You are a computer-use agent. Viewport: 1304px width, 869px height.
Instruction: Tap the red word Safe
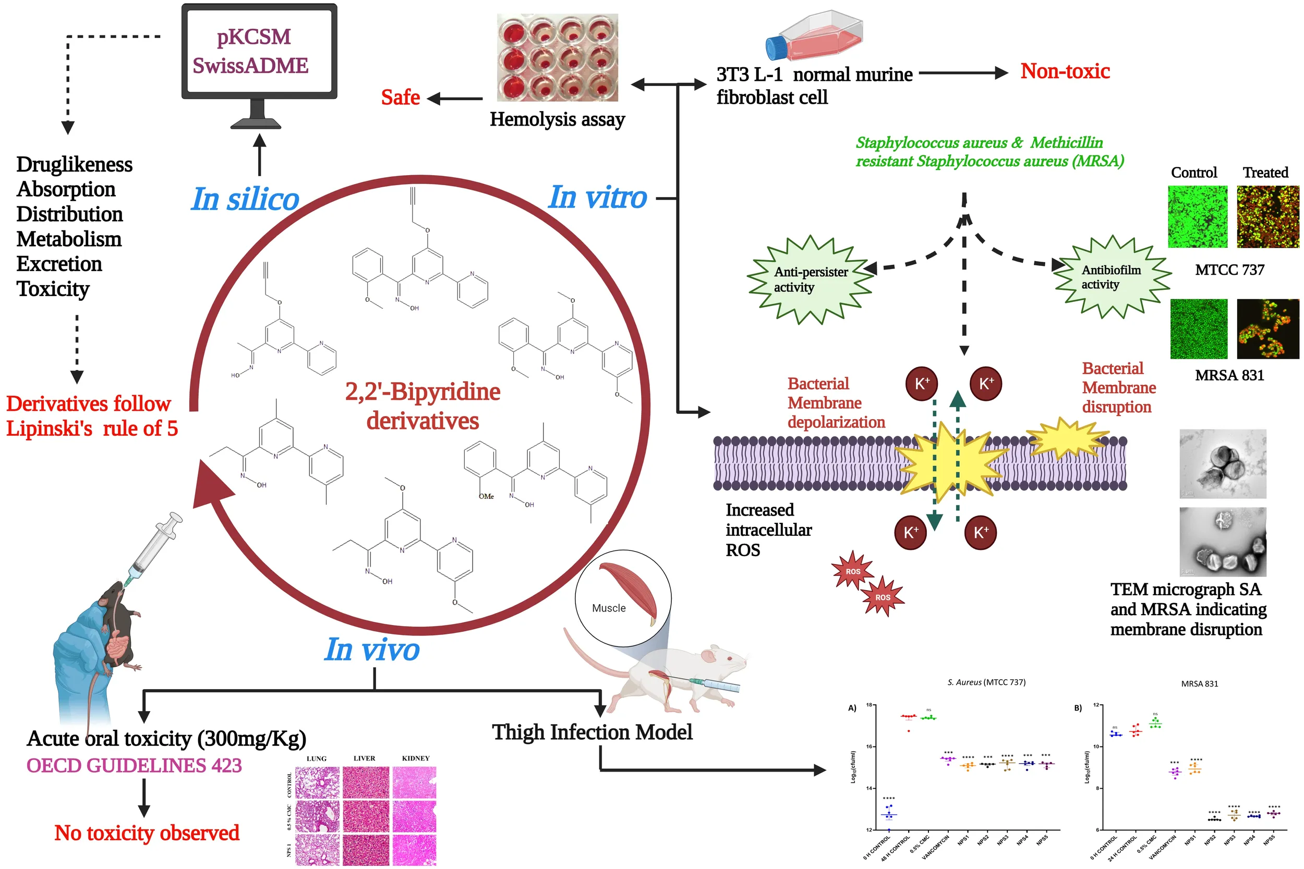pos(400,97)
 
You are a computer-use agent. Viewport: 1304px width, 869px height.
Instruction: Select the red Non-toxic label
pos(1065,71)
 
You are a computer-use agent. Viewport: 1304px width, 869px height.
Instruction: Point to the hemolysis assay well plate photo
pos(557,58)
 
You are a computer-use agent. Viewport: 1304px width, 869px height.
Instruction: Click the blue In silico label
pos(245,199)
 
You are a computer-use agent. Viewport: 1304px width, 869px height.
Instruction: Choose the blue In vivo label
pos(372,650)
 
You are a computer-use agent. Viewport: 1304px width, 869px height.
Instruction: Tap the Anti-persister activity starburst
pos(811,279)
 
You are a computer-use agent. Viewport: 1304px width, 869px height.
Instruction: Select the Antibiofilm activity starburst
pos(1112,277)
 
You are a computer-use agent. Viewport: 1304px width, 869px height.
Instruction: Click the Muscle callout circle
pos(623,598)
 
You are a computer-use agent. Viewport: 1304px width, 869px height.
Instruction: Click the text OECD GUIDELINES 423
pos(134,766)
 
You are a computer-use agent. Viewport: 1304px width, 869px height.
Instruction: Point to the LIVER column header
pos(364,758)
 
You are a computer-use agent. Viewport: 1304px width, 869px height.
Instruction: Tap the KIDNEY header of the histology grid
pos(415,758)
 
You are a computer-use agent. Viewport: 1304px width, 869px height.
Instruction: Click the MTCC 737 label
pos(1229,270)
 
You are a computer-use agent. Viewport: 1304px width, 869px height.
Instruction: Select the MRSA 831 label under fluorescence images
pos(1229,376)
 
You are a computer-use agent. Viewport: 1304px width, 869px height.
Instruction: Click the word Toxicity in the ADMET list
pos(53,289)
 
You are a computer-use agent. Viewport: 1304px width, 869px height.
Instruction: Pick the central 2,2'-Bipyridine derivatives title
pos(422,406)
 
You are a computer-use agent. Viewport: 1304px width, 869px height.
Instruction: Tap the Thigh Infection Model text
pos(592,732)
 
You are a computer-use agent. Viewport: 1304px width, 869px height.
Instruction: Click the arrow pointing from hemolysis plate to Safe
pos(455,99)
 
